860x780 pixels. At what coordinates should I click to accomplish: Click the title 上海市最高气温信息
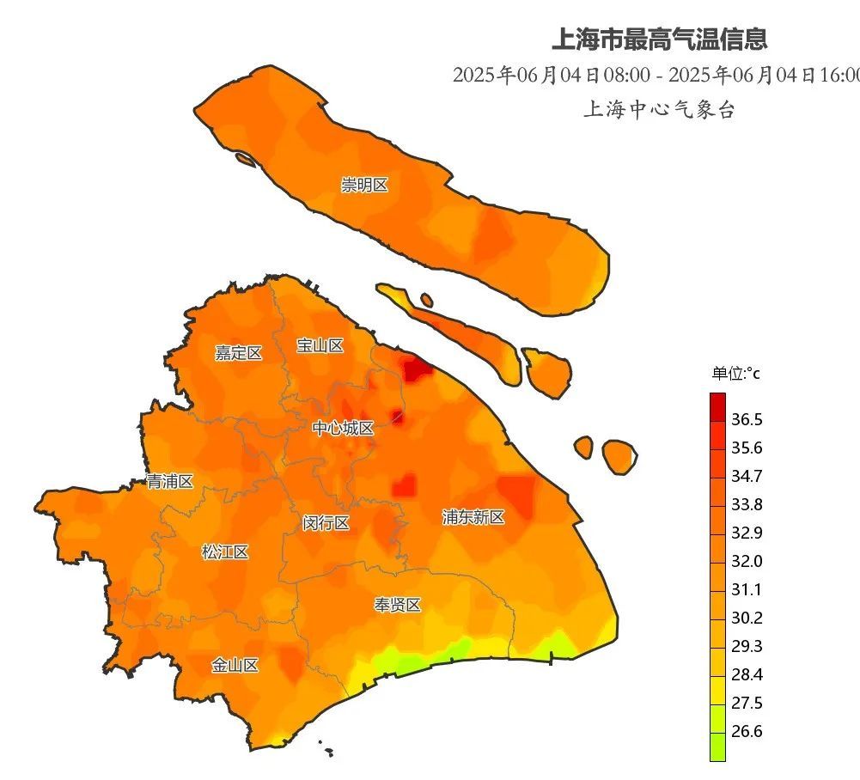click(x=659, y=39)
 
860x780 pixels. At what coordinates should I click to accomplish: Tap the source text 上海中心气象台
click(x=659, y=110)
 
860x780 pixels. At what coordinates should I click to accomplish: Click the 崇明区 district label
click(x=364, y=185)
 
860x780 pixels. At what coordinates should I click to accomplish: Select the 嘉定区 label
click(x=238, y=352)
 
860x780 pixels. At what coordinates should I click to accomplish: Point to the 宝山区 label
click(x=320, y=345)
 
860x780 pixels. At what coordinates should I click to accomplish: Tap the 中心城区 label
click(x=343, y=428)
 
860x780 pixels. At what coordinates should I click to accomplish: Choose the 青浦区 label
click(x=169, y=481)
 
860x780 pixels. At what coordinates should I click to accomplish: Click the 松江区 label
click(x=225, y=551)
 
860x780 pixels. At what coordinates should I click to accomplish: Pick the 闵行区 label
click(x=326, y=522)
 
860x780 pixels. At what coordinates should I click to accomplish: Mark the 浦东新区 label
click(x=473, y=517)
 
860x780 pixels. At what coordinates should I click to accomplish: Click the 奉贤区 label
click(x=397, y=605)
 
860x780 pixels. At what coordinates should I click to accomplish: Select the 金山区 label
click(x=235, y=665)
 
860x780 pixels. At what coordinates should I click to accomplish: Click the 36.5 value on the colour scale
click(x=747, y=419)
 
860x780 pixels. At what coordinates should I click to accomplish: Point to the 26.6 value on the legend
click(x=747, y=731)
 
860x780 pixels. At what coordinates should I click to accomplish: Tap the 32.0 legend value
click(x=747, y=561)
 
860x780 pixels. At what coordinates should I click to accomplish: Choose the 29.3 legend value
click(x=747, y=646)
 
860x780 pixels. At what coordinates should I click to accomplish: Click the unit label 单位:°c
click(x=735, y=374)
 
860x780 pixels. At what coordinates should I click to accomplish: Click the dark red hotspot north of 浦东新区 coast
click(x=418, y=369)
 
